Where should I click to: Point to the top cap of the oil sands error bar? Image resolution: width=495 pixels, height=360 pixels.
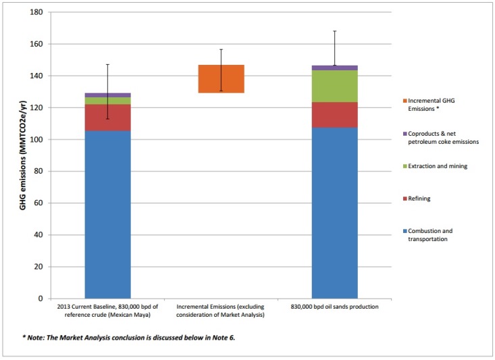pyautogui.click(x=334, y=31)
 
